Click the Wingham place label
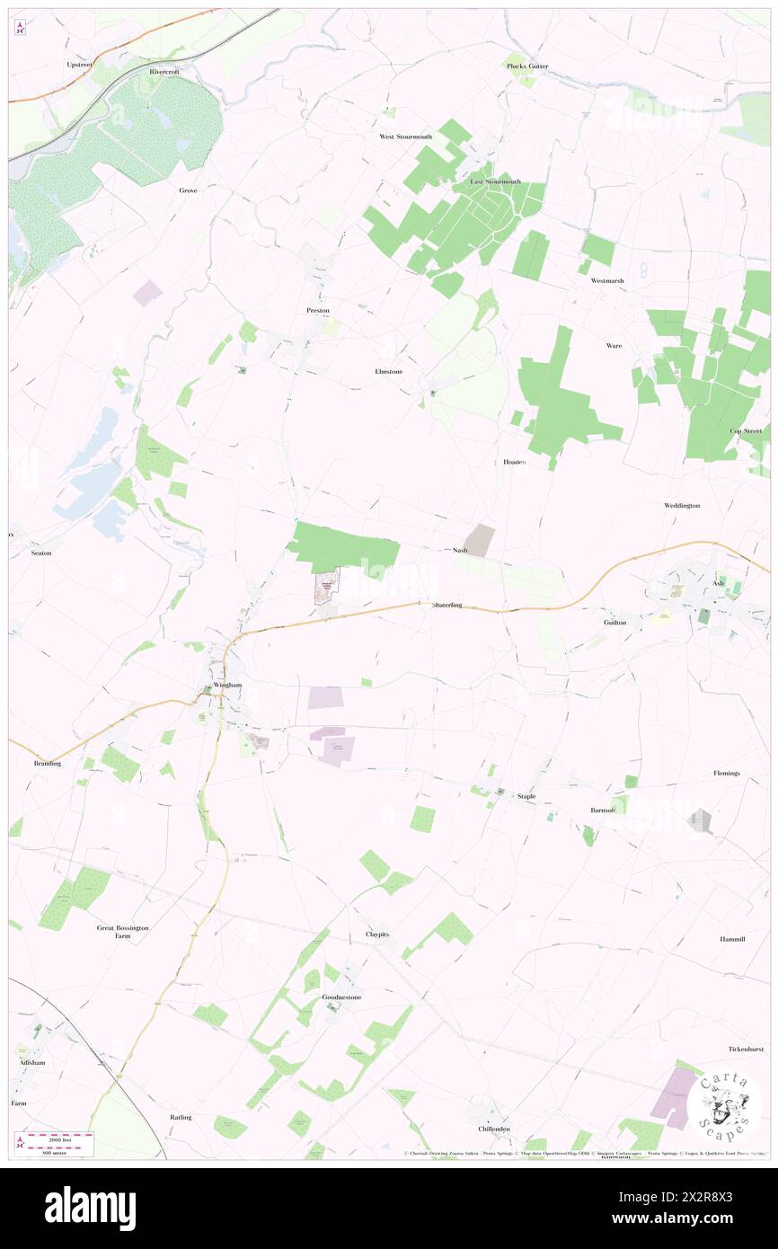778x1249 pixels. point(228,685)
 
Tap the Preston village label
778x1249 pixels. point(318,310)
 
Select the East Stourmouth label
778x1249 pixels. point(496,182)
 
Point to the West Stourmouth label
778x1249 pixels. point(405,137)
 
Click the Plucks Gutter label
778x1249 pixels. point(526,66)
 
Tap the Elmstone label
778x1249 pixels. point(388,371)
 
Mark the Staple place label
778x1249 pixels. point(526,796)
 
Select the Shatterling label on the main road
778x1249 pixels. point(446,606)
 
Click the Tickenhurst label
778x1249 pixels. point(746,1050)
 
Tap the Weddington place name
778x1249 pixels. point(682,506)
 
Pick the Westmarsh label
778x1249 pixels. point(607,281)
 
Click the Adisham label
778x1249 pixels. point(31,1062)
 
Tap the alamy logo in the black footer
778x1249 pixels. point(90,1208)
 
